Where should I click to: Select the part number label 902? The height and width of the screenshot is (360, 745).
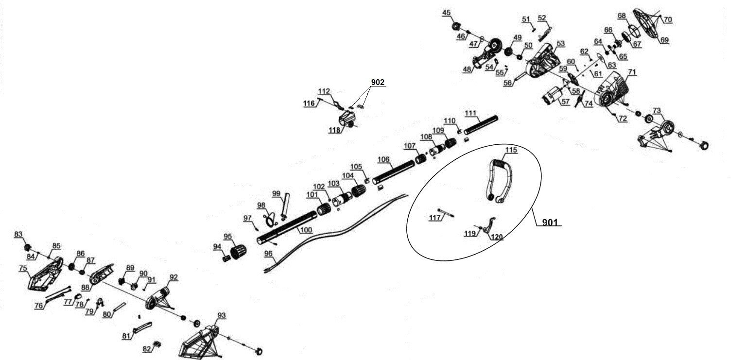coord(378,83)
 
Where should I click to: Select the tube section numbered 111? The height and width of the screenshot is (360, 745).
coord(481,124)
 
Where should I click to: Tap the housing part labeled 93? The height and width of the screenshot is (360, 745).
coord(200,340)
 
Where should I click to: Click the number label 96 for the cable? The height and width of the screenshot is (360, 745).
coord(268,253)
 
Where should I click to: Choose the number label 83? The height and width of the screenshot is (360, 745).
coord(18,235)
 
